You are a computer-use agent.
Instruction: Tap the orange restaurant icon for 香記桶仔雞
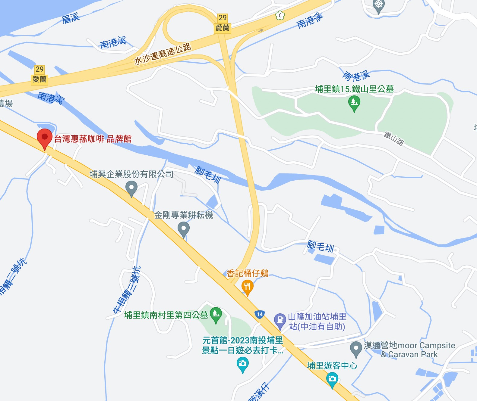pos(247,287)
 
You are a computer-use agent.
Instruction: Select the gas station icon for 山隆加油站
pos(280,320)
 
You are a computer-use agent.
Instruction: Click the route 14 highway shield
pos(259,315)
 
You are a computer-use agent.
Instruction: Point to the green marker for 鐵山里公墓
pos(354,102)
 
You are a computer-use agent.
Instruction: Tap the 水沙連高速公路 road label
pos(163,54)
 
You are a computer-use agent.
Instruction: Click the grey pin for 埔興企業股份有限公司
pos(131,188)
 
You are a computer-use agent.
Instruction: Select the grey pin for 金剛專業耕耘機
pos(183,229)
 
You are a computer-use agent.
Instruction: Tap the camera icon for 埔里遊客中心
pos(332,379)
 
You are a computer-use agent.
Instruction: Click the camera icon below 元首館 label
pos(242,364)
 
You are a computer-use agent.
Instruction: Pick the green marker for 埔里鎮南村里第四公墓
pos(216,314)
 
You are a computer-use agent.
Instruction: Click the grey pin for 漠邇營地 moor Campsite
pos(356,349)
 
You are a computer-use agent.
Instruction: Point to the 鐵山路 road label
pos(394,138)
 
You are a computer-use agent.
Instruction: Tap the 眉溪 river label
pos(71,18)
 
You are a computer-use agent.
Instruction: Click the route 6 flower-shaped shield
pos(280,15)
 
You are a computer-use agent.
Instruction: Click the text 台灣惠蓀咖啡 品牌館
pos(93,139)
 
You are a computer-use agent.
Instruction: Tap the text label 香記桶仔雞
pos(248,273)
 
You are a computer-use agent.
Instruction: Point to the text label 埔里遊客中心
pos(332,365)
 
